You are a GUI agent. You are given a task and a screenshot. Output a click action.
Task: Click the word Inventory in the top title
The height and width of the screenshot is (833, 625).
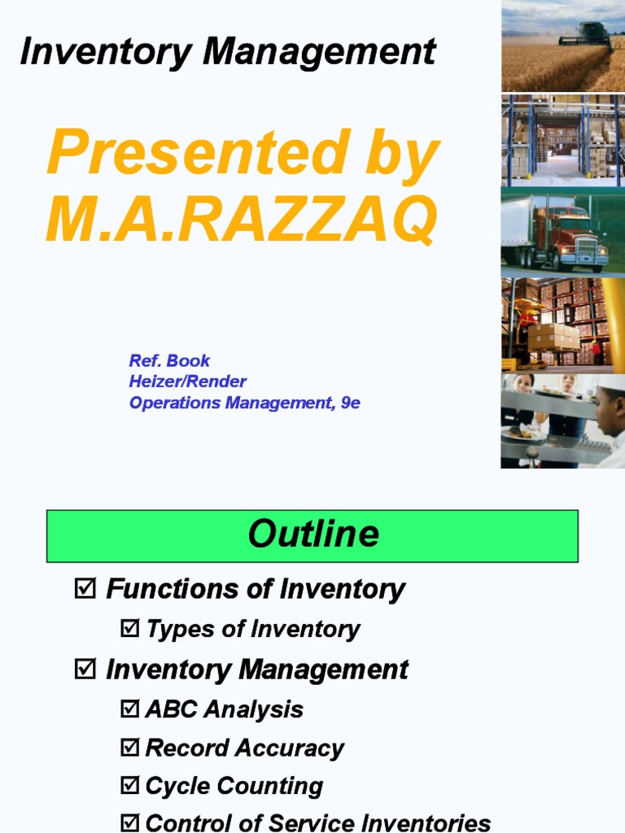106,52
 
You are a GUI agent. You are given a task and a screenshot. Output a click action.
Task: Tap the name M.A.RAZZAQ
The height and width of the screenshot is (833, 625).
242,219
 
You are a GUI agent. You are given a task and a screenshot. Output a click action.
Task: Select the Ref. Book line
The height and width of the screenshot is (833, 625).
169,360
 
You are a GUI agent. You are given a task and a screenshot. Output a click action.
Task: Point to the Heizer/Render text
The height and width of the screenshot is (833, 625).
187,382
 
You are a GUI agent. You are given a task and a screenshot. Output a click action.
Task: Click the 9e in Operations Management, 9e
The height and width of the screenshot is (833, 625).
350,403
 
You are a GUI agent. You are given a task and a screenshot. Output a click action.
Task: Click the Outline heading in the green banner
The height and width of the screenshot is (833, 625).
312,534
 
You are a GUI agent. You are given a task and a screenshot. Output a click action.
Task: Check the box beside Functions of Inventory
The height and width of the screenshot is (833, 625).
85,588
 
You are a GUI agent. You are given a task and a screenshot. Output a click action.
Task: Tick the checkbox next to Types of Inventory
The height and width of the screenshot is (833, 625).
130,629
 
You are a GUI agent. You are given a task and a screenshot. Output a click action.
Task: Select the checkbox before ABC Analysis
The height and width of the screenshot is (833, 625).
130,709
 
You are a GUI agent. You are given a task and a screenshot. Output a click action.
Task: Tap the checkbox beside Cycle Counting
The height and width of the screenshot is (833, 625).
130,787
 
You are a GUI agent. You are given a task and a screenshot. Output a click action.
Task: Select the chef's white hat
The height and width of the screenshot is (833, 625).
613,385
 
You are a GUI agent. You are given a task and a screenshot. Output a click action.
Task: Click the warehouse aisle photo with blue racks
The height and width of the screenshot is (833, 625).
562,140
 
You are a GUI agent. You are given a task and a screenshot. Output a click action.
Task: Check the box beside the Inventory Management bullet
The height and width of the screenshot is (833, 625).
85,669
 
